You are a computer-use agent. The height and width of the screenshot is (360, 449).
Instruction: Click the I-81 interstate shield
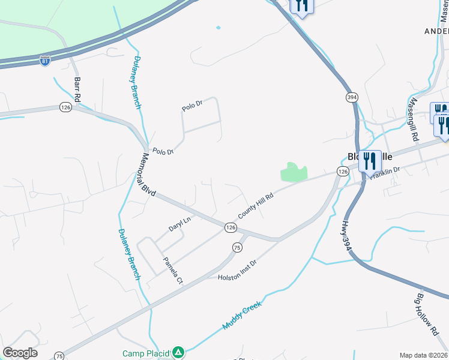coord(44,61)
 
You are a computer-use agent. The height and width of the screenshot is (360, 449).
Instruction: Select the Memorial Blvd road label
coord(148,174)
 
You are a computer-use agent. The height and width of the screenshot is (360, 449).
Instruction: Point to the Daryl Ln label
coord(179,224)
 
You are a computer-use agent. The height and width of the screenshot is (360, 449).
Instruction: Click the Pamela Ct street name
coord(173,271)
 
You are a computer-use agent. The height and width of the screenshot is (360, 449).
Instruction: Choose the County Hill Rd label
coord(256,206)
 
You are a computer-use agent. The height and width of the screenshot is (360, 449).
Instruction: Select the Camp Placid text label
coord(146,353)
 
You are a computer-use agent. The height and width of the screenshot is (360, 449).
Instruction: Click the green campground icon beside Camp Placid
coord(178,353)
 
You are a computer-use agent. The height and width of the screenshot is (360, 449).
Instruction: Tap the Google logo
coord(20,353)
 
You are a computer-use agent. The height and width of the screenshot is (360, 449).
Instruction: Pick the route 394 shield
coord(352,97)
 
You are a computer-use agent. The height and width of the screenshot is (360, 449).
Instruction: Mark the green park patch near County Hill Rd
coord(293,172)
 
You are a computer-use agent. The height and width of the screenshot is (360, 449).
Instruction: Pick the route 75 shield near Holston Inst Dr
coord(238,247)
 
